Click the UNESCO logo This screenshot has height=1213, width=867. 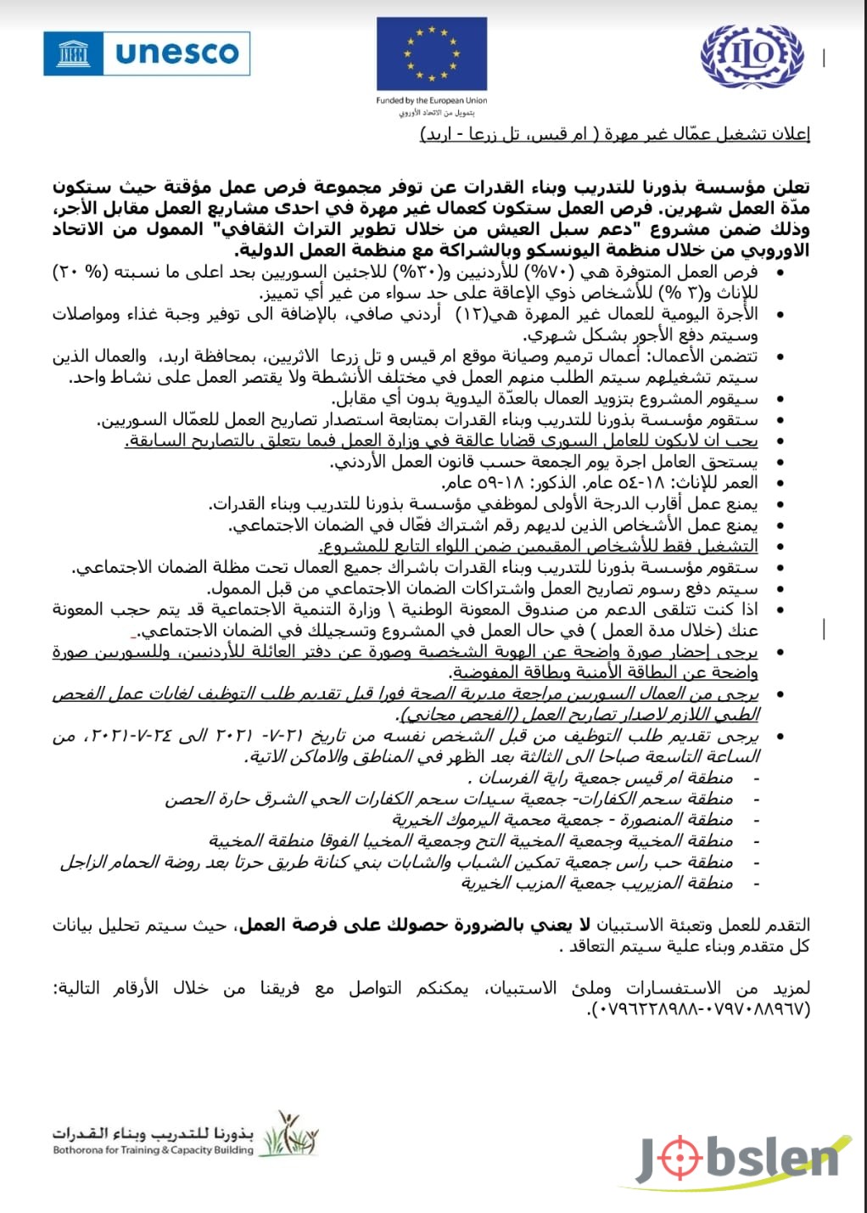tap(147, 53)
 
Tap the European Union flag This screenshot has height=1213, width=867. tap(432, 53)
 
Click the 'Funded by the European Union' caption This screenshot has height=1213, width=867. tap(432, 100)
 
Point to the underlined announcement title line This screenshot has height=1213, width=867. tap(615, 135)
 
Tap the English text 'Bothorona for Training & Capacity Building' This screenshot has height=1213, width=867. tap(153, 1151)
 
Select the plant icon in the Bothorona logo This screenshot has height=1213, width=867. tap(287, 1135)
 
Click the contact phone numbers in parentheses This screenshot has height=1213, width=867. tap(699, 1010)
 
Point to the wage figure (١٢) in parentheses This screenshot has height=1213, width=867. tap(471, 314)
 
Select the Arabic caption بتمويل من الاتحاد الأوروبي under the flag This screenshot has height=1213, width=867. tap(432, 112)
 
